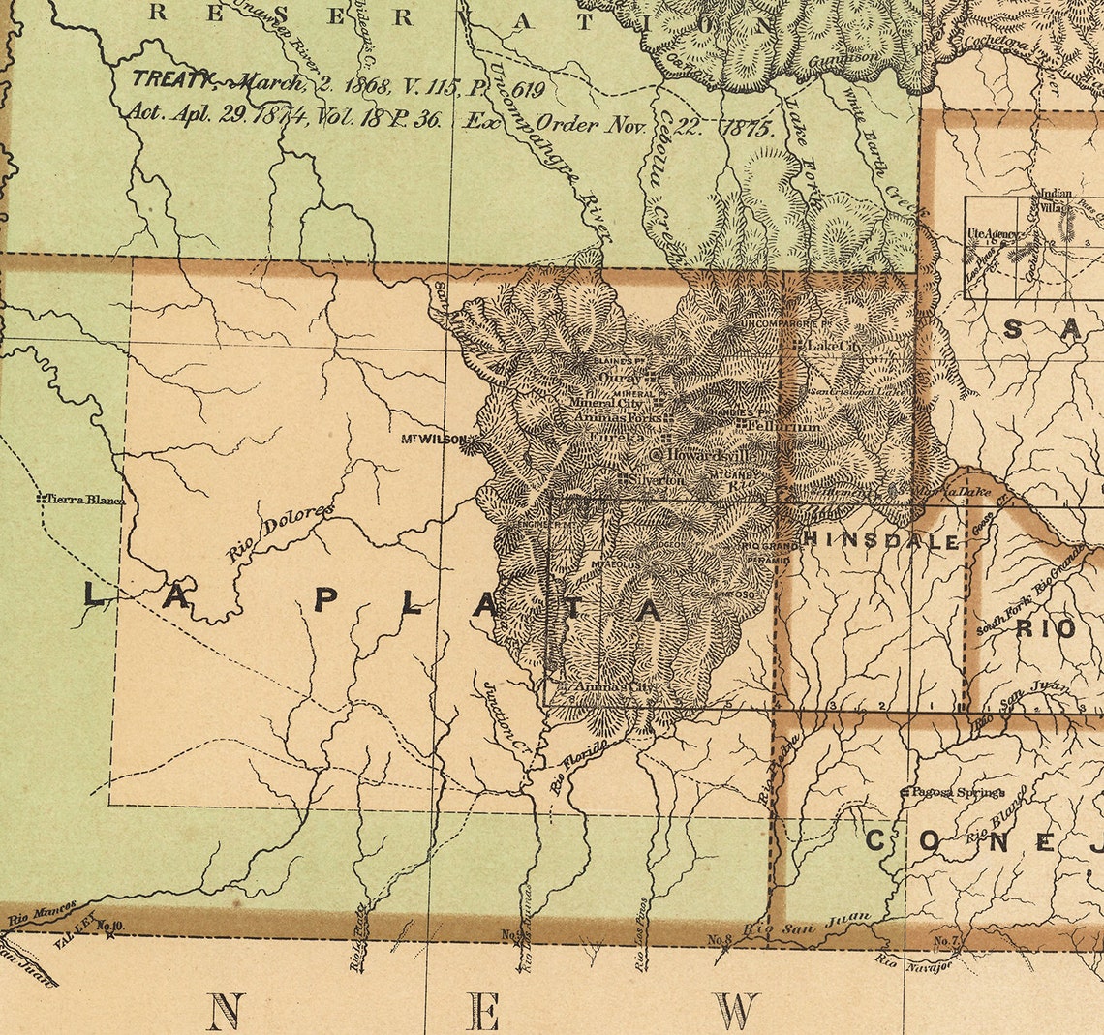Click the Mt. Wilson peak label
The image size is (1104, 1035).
(x=433, y=439)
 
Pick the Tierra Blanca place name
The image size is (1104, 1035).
(x=85, y=499)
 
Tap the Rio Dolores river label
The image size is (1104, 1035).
(x=280, y=532)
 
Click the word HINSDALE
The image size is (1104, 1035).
(x=880, y=541)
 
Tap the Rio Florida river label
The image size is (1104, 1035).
(x=579, y=768)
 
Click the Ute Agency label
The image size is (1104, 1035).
(x=991, y=234)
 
